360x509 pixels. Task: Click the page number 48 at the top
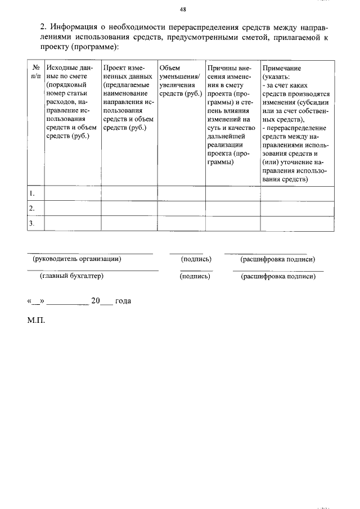[183, 10]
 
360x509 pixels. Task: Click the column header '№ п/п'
[35, 72]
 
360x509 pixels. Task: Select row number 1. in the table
[33, 193]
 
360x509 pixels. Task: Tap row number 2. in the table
[33, 209]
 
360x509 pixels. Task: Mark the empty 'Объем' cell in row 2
[181, 209]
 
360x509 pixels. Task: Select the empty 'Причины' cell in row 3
[232, 224]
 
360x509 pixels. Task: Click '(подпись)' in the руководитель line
[196, 259]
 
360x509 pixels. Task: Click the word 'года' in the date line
[123, 301]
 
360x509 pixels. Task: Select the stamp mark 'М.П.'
[35, 321]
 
